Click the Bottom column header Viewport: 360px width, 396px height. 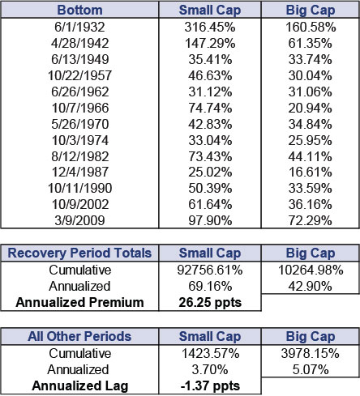click(x=79, y=10)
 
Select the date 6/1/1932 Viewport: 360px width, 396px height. click(x=79, y=27)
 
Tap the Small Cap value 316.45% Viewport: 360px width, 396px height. click(x=210, y=27)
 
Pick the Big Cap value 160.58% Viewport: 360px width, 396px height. click(x=311, y=27)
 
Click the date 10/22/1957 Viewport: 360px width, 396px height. click(x=79, y=75)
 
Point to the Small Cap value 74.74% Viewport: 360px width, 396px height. click(x=210, y=108)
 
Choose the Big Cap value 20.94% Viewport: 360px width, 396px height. click(x=311, y=108)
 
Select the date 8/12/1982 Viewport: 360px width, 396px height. click(x=79, y=156)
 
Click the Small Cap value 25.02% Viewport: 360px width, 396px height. click(x=210, y=172)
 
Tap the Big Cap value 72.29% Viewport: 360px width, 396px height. click(x=311, y=220)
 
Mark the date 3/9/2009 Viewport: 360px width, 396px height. click(x=79, y=220)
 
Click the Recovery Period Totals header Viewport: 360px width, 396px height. click(x=79, y=253)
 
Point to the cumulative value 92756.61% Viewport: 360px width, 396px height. click(x=210, y=270)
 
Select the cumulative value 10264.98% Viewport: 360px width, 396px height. click(x=311, y=270)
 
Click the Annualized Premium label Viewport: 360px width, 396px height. click(x=79, y=302)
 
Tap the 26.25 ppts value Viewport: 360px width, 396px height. click(x=210, y=303)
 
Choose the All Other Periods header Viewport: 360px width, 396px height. click(x=79, y=336)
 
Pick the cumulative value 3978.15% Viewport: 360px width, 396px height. click(x=311, y=353)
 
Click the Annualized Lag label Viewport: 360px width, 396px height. click(x=79, y=385)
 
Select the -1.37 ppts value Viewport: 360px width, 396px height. click(x=210, y=386)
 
